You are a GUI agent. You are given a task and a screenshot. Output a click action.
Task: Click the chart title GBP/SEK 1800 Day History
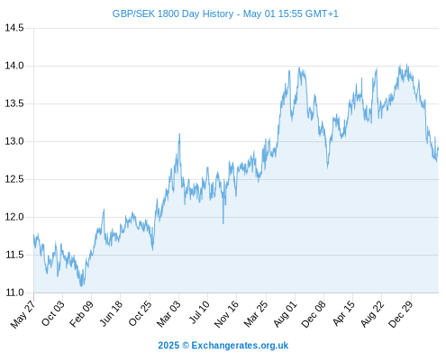point(173,13)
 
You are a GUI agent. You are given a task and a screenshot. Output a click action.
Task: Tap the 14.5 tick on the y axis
point(14,28)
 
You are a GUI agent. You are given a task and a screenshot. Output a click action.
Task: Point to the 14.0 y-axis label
point(14,66)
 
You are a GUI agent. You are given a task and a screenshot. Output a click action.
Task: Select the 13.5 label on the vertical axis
point(14,103)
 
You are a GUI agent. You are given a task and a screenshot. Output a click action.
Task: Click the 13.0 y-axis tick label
point(14,141)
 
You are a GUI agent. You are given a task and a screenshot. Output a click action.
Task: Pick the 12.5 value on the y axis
point(14,179)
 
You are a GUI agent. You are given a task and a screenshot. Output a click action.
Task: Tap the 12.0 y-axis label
point(14,217)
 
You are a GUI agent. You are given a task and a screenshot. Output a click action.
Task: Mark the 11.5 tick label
point(14,255)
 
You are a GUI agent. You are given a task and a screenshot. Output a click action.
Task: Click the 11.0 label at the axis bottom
point(14,292)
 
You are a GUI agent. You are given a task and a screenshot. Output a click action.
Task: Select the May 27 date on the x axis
point(23,314)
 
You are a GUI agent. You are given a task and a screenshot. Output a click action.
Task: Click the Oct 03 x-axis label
point(53,313)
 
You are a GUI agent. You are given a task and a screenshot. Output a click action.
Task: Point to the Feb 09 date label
point(81,313)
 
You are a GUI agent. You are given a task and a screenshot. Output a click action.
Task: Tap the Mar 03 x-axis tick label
point(168,313)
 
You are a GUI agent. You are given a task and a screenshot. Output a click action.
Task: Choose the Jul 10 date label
point(199,311)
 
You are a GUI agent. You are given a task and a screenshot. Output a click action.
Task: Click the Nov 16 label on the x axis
point(226,313)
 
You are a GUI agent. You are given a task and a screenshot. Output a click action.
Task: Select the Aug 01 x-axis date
point(285,313)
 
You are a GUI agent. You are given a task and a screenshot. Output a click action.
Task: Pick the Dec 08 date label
point(314,314)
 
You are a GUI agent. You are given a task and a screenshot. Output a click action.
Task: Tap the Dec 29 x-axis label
point(401,314)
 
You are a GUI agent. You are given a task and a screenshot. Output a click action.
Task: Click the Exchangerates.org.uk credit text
point(240,346)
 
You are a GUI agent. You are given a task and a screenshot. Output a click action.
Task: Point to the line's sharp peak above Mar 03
point(179,134)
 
